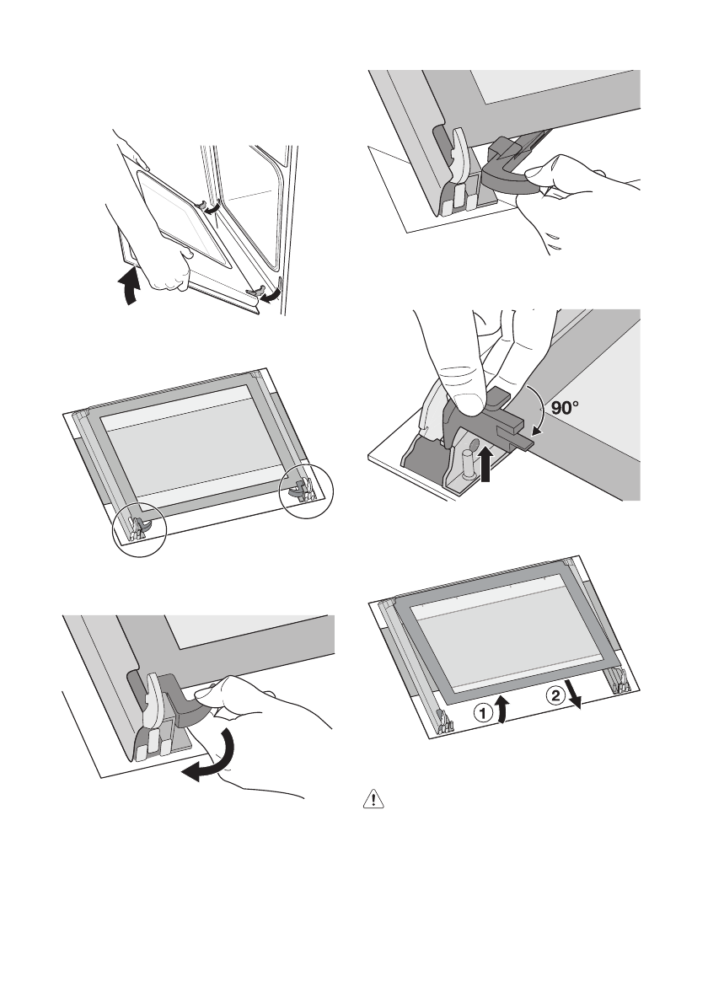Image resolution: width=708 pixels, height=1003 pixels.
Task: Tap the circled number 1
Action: [482, 713]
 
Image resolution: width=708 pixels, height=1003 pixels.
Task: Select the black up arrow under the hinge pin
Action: [486, 466]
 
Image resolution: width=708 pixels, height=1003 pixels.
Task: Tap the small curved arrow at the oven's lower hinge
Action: [269, 298]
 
